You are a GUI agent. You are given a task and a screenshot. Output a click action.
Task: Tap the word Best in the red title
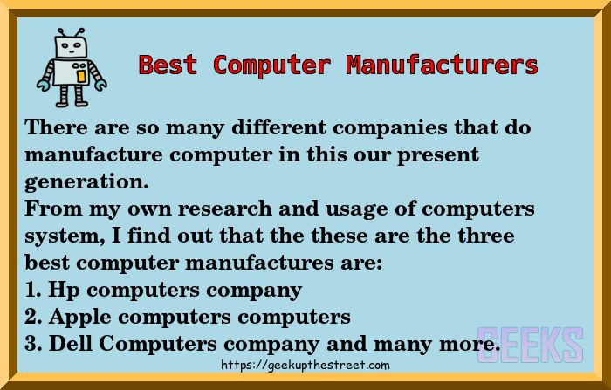tap(168, 65)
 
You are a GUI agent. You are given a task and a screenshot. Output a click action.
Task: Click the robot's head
tap(70, 46)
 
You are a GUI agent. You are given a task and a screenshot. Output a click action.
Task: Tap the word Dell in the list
tap(71, 345)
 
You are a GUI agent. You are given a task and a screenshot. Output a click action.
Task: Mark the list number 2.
tap(31, 318)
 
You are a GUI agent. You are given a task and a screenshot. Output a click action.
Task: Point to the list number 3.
tap(31, 345)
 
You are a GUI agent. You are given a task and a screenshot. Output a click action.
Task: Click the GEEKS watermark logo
tap(530, 344)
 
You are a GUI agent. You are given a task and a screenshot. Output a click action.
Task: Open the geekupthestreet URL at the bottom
tap(305, 366)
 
